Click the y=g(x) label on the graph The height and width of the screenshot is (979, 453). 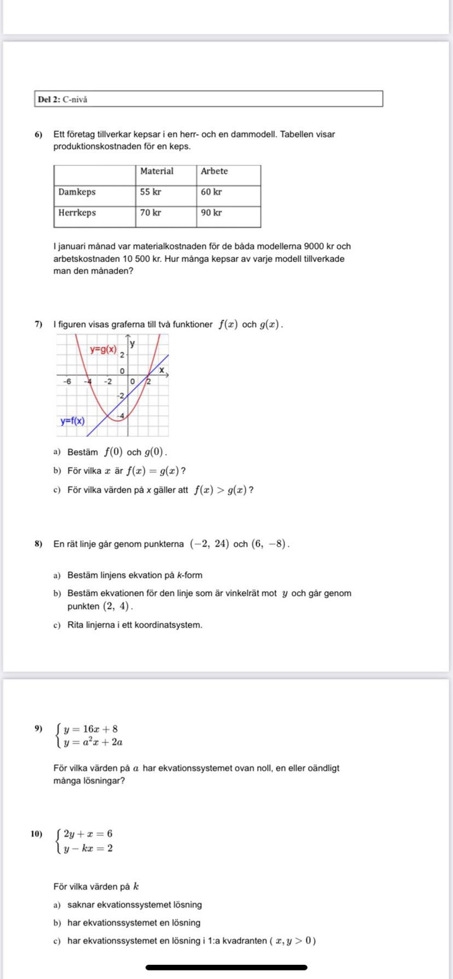click(104, 350)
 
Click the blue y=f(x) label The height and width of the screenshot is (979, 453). click(72, 421)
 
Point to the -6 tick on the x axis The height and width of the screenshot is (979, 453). click(67, 381)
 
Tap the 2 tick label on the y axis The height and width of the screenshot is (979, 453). click(122, 355)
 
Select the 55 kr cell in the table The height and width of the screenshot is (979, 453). click(151, 192)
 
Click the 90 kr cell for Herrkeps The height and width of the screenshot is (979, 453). click(211, 213)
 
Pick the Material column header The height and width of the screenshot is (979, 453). click(157, 171)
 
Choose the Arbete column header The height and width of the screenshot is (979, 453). click(214, 171)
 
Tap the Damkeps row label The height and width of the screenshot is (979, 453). click(77, 192)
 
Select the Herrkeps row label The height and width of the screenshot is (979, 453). click(77, 213)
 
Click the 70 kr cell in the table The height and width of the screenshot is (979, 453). click(151, 213)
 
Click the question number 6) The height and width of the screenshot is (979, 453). click(39, 135)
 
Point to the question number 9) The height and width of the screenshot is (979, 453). click(39, 728)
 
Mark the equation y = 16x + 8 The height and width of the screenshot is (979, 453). click(91, 729)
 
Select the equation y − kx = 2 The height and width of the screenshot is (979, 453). click(88, 848)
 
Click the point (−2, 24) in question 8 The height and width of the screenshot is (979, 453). click(210, 544)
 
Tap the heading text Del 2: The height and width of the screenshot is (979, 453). click(49, 100)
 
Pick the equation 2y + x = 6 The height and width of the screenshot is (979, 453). click(88, 834)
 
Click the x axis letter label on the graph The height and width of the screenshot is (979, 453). click(161, 370)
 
